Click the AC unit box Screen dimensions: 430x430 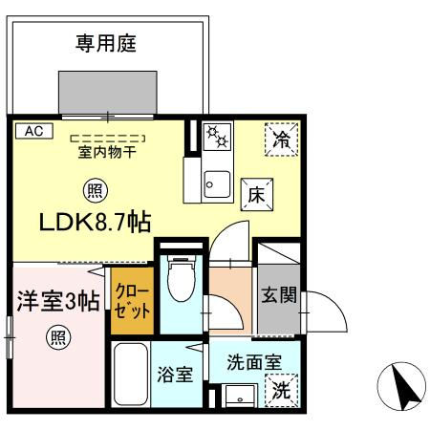tap(34, 131)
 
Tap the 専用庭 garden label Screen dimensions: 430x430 tap(106, 44)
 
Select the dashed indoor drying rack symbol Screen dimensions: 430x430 tap(108, 139)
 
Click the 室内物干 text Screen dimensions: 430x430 tap(107, 152)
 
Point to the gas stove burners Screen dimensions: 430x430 tap(217, 137)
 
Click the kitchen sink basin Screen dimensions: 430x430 tap(217, 184)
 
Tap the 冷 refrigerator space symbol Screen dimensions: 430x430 tap(282, 140)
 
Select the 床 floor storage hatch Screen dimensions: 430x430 tap(257, 194)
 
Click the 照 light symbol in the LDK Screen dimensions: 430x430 tap(96, 191)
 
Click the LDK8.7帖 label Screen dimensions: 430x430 tap(95, 223)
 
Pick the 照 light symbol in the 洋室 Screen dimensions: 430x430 tap(58, 338)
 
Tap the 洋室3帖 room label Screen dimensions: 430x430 tap(58, 300)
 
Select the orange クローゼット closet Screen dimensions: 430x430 tap(132, 300)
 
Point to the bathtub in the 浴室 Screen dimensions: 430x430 tap(131, 374)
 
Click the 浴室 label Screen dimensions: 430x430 tap(175, 375)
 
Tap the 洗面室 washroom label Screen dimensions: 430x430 tap(254, 362)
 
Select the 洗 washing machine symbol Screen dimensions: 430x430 tap(282, 391)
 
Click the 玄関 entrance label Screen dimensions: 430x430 tap(279, 295)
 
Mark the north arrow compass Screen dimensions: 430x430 tap(401, 386)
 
